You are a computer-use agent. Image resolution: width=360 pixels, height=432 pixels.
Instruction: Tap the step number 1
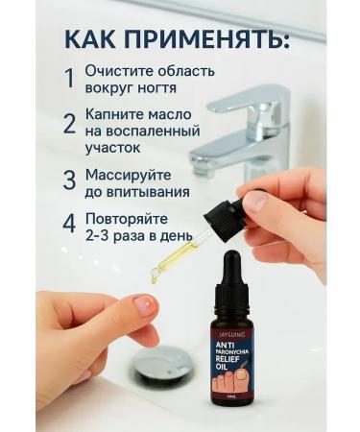(x=68, y=79)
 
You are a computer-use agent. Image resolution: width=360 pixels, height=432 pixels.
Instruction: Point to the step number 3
(x=69, y=180)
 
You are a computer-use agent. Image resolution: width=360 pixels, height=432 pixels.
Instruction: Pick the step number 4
(x=69, y=224)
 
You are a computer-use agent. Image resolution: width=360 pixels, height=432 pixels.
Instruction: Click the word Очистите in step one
(x=120, y=71)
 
